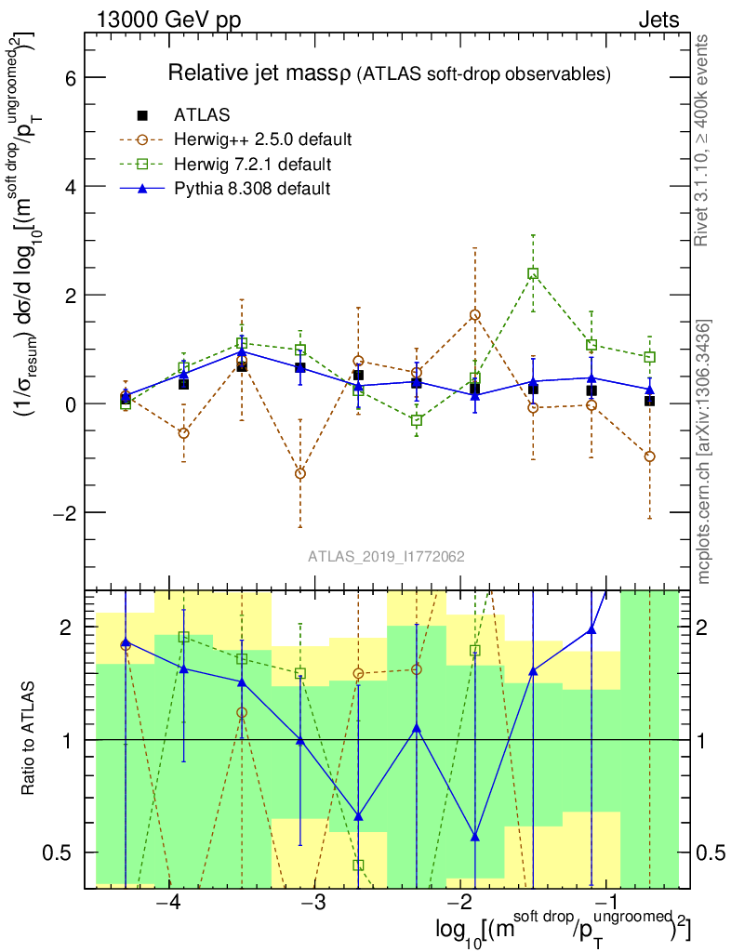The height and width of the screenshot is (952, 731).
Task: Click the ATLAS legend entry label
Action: [x=202, y=115]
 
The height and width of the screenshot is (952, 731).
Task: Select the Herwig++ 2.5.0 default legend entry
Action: [x=262, y=140]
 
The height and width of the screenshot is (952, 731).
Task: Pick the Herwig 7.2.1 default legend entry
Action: [x=254, y=165]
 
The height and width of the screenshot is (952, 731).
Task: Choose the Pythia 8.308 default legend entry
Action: [x=253, y=189]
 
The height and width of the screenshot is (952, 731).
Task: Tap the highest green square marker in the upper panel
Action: [x=533, y=273]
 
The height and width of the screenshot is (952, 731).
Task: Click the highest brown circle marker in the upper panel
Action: [x=475, y=315]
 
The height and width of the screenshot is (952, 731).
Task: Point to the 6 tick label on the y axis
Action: [x=68, y=77]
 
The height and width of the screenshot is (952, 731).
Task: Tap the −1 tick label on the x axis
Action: [x=606, y=903]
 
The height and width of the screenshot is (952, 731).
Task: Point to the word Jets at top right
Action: [x=658, y=20]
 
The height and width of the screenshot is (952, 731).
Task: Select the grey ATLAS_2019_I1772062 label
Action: [x=387, y=556]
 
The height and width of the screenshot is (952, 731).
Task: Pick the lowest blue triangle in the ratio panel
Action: [x=475, y=837]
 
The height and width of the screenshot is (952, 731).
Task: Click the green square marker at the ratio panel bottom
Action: [x=358, y=866]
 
